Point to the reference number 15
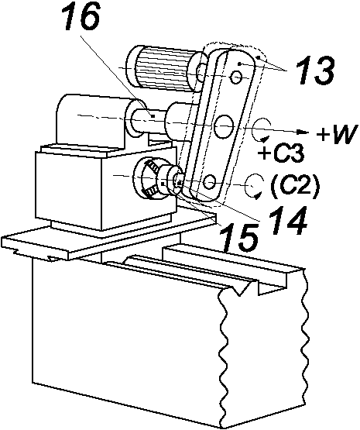coord(240,237)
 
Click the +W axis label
coord(338,134)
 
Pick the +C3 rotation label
coord(281,153)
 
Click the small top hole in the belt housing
coord(235,77)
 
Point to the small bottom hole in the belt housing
coord(210,182)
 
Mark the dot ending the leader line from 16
coord(153,116)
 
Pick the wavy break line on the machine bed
coord(304,349)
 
